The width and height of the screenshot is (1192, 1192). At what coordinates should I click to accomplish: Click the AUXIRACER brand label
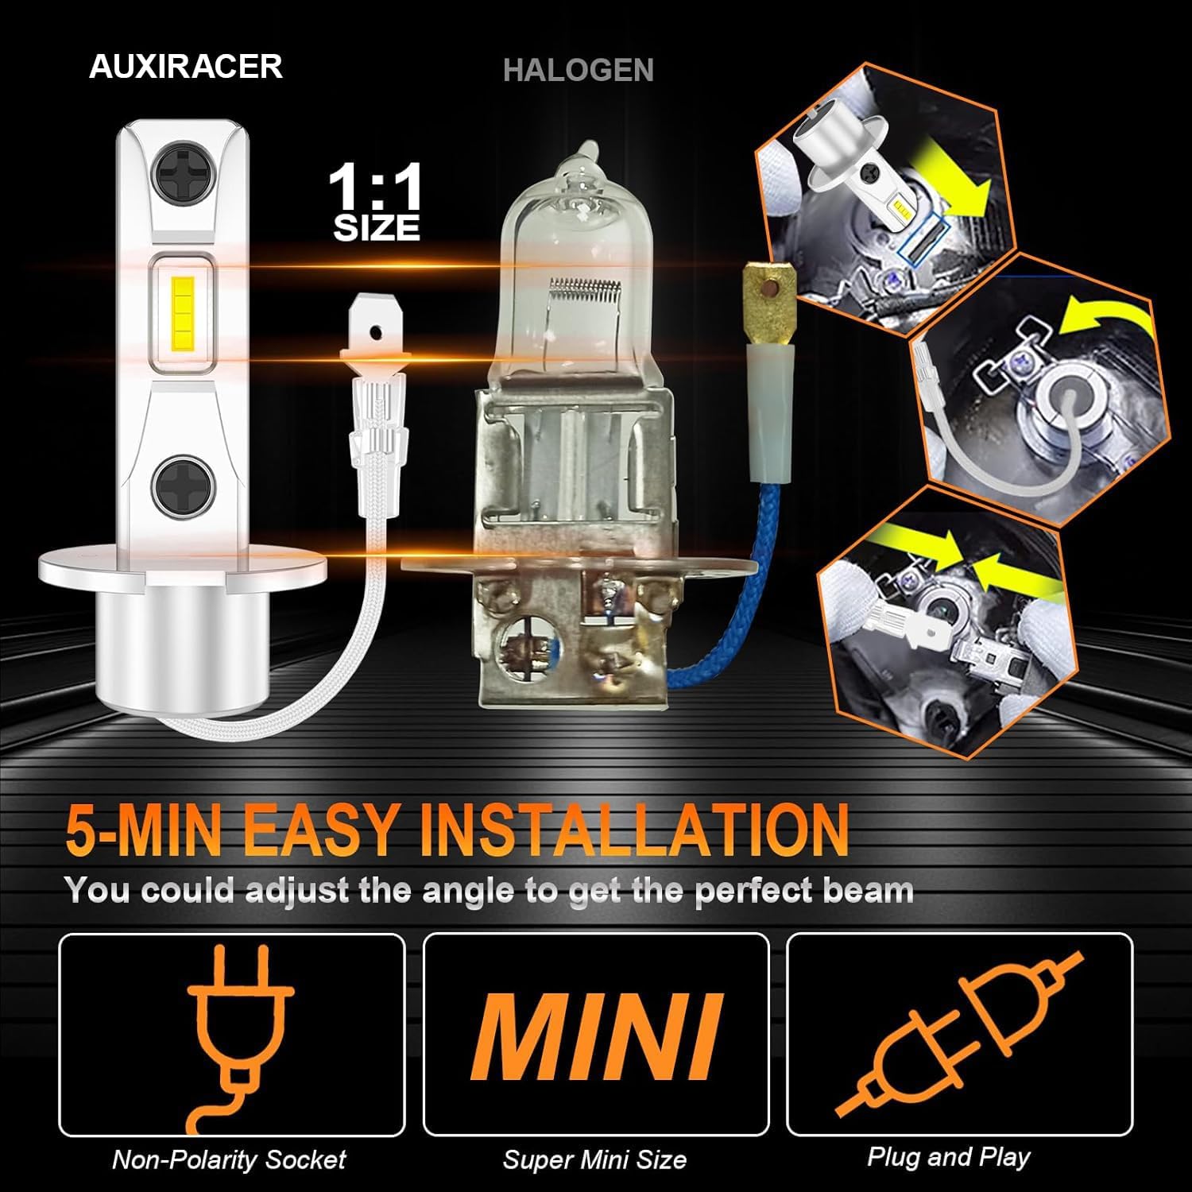pyautogui.click(x=186, y=66)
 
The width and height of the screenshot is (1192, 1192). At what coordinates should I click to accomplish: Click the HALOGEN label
pyautogui.click(x=579, y=70)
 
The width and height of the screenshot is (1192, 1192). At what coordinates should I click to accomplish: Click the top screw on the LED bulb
pyautogui.click(x=182, y=172)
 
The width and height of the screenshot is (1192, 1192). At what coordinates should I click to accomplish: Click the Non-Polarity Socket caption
pyautogui.click(x=229, y=1159)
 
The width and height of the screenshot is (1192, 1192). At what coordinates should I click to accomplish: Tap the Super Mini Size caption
pyautogui.click(x=594, y=1159)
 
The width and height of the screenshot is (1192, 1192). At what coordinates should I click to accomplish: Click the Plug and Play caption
pyautogui.click(x=949, y=1156)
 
